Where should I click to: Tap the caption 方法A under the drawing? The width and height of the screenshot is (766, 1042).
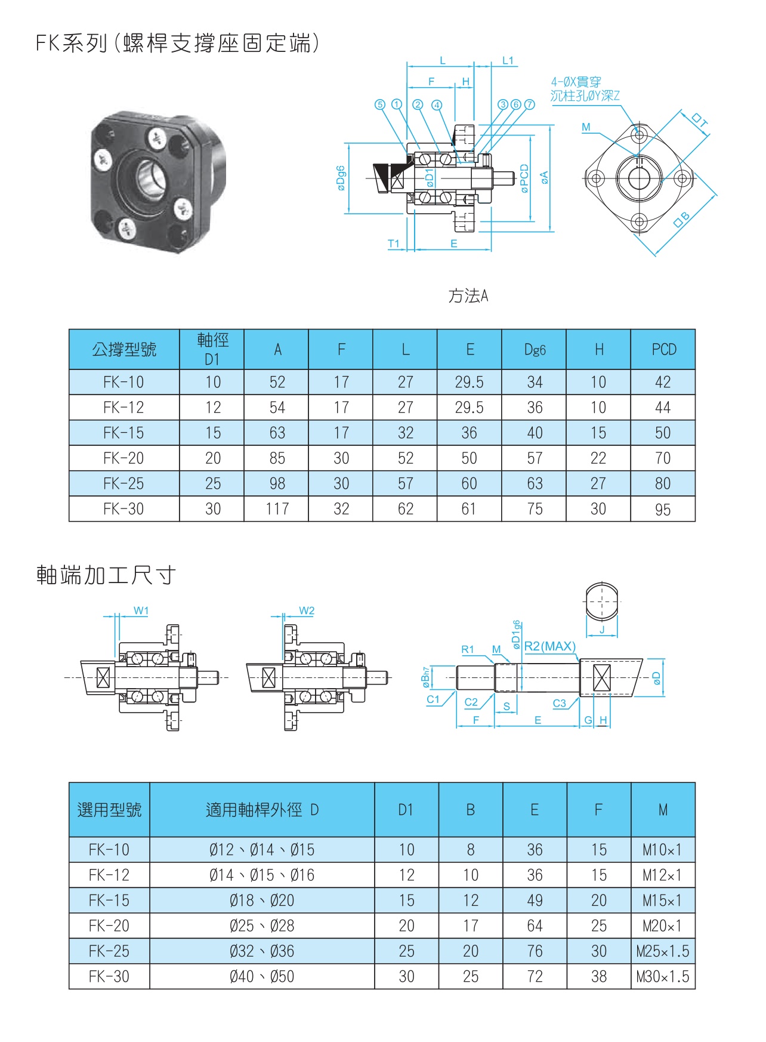click(468, 295)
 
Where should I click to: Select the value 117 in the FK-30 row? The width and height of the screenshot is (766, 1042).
click(277, 509)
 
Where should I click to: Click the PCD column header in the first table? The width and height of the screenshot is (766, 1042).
click(663, 349)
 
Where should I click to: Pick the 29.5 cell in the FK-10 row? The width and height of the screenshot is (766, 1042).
click(469, 382)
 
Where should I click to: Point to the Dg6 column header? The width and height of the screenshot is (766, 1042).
click(535, 349)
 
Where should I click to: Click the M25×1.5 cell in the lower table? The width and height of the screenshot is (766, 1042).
click(663, 951)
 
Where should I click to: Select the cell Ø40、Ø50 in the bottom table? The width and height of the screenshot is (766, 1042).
click(262, 976)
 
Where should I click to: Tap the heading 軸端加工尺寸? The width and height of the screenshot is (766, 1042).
click(106, 575)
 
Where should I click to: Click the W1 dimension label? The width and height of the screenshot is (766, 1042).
click(141, 611)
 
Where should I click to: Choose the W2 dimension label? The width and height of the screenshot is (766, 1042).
click(307, 611)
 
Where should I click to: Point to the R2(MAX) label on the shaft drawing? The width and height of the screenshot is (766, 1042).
click(549, 646)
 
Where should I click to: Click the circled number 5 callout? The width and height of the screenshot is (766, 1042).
click(380, 104)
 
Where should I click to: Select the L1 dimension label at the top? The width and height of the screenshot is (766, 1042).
click(508, 60)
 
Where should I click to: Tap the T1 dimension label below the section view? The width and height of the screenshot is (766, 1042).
click(394, 243)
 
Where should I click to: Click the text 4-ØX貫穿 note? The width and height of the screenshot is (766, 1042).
click(576, 82)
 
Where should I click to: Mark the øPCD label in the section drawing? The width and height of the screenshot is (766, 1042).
click(524, 178)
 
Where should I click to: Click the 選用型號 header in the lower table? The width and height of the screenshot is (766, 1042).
click(109, 810)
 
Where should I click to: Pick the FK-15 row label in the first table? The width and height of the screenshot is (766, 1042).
click(123, 433)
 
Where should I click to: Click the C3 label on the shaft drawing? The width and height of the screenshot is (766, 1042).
click(559, 703)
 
